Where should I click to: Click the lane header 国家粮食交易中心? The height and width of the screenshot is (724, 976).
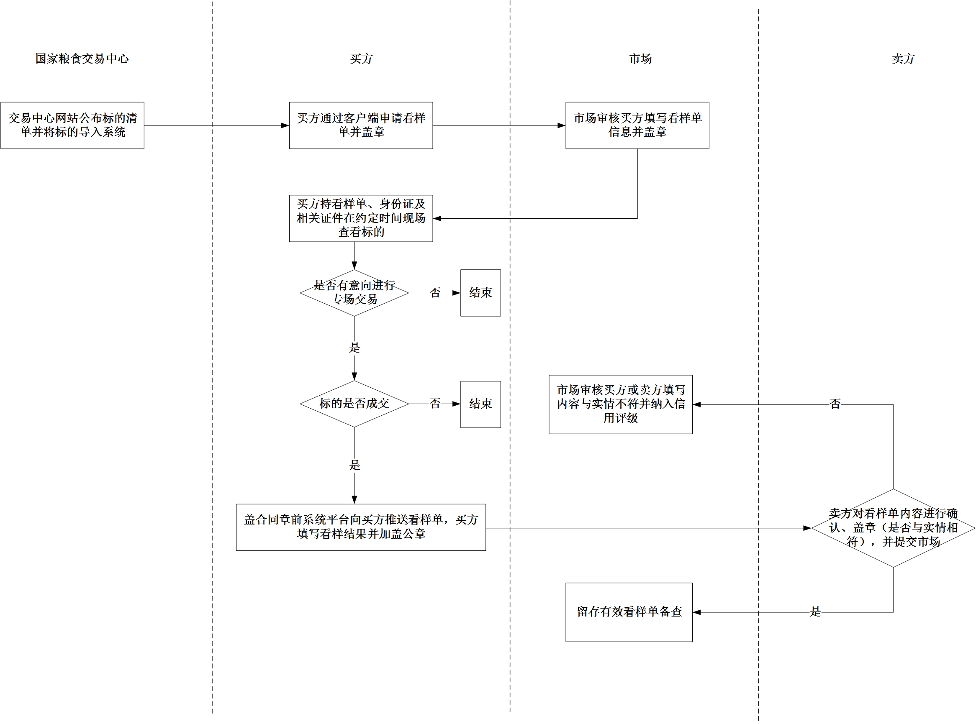pyautogui.click(x=82, y=59)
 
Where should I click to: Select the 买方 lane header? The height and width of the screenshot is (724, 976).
pyautogui.click(x=361, y=59)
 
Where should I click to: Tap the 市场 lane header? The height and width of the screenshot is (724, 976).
pyautogui.click(x=641, y=59)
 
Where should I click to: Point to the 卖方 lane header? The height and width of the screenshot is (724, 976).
pyautogui.click(x=903, y=59)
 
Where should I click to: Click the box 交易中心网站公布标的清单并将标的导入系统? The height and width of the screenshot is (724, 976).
pyautogui.click(x=72, y=125)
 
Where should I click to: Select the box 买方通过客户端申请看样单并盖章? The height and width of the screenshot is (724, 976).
pyautogui.click(x=361, y=125)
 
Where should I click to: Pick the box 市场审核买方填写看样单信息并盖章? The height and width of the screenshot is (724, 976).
pyautogui.click(x=637, y=125)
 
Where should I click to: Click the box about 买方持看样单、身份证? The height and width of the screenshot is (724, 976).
pyautogui.click(x=361, y=218)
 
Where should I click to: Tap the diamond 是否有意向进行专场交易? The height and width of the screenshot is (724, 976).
pyautogui.click(x=354, y=293)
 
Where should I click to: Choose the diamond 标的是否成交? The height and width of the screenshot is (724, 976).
pyautogui.click(x=354, y=404)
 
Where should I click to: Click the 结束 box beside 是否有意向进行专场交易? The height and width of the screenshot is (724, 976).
pyautogui.click(x=480, y=293)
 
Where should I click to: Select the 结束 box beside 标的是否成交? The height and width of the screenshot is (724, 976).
pyautogui.click(x=480, y=404)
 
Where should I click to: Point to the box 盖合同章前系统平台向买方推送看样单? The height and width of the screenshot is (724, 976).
pyautogui.click(x=361, y=527)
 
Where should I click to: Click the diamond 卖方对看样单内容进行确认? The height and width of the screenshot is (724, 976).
pyautogui.click(x=893, y=528)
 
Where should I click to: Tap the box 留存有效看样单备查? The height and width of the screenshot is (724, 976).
pyautogui.click(x=629, y=612)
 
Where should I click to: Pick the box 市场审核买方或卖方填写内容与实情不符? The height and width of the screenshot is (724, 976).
pyautogui.click(x=620, y=404)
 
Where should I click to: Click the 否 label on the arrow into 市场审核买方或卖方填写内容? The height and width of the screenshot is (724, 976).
pyautogui.click(x=835, y=404)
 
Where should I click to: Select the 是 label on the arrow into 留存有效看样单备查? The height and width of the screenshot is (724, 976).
pyautogui.click(x=815, y=612)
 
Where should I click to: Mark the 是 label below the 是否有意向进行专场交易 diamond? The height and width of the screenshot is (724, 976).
pyautogui.click(x=354, y=348)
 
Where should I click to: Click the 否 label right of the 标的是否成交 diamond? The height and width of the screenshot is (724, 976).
pyautogui.click(x=435, y=404)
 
